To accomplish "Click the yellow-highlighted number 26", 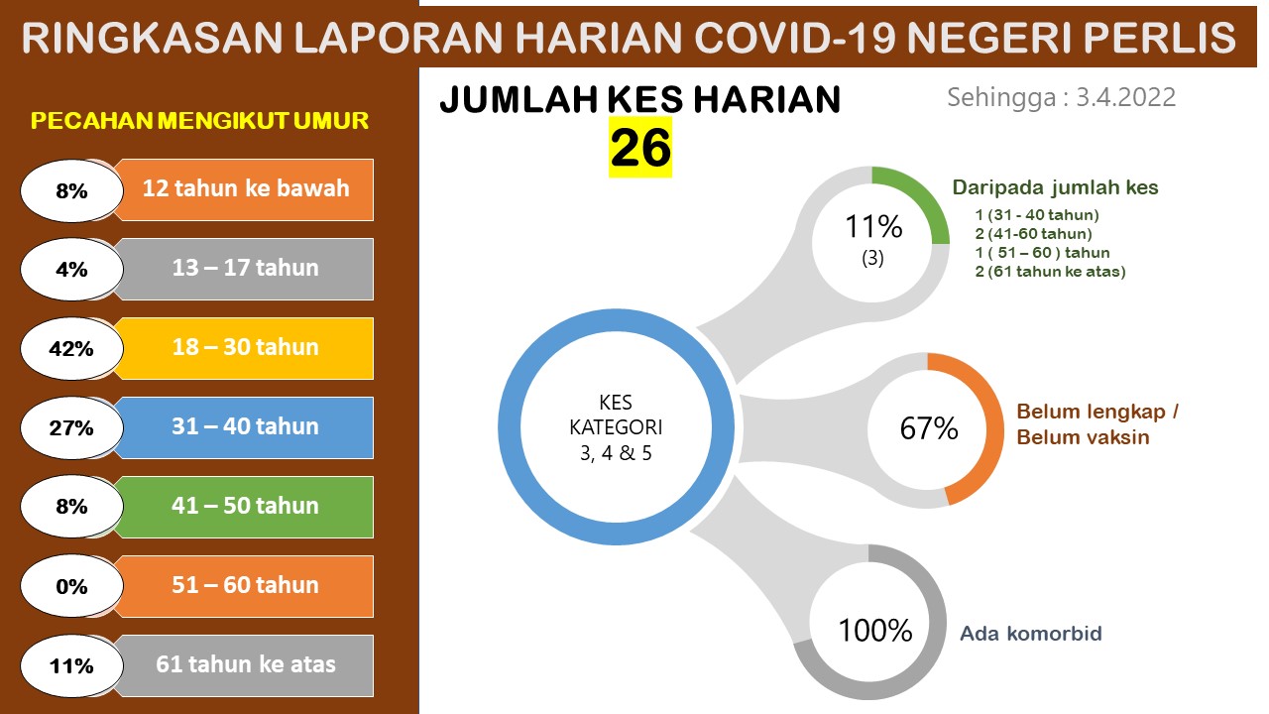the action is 640,148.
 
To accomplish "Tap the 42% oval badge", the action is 71,348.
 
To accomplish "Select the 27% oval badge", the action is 71,427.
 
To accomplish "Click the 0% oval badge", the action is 71,586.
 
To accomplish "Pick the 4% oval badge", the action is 71,269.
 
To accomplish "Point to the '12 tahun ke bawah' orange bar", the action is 245,189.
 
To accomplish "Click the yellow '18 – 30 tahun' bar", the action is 245,348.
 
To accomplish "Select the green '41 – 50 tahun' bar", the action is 245,507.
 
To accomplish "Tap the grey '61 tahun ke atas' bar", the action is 245,665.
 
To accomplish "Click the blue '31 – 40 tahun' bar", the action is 245,427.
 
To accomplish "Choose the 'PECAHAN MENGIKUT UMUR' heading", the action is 199,121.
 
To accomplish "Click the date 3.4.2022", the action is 1125,97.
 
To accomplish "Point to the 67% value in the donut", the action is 929,428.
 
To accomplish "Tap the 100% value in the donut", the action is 874,630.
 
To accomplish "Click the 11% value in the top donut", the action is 873,227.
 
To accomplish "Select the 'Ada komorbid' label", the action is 1030,634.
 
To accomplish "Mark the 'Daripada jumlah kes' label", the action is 1055,187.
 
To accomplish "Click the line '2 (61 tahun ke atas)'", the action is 1050,272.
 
